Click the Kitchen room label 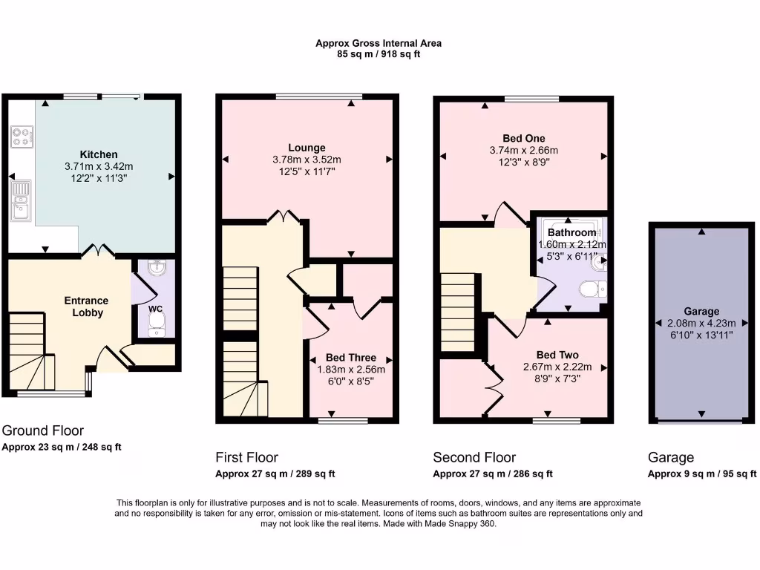tap(99, 154)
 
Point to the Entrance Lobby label tap(86, 307)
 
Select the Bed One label tap(523, 138)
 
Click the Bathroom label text tap(571, 232)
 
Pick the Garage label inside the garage tap(701, 312)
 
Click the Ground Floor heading tap(43, 430)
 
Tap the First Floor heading tap(246, 457)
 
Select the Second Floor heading tap(474, 457)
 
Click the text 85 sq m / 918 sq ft tap(379, 54)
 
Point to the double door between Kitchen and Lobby tap(96, 252)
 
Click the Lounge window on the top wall tap(319, 96)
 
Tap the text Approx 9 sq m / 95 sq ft tap(702, 474)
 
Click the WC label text tap(155, 308)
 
